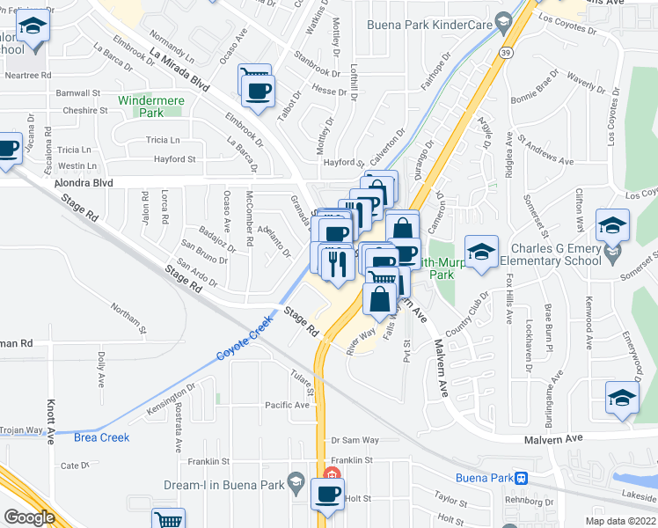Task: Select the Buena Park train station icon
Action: (x=522, y=479)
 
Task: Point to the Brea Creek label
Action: (x=101, y=437)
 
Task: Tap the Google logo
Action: (x=29, y=517)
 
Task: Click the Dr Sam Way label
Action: (x=355, y=440)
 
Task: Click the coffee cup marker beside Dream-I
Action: (x=329, y=495)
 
